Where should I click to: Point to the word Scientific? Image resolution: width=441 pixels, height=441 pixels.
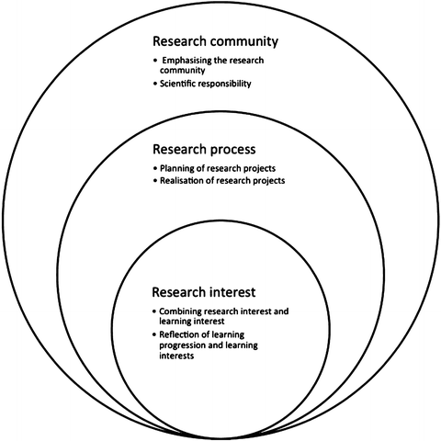click(182, 85)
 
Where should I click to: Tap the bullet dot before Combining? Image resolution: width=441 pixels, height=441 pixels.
click(154, 311)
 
